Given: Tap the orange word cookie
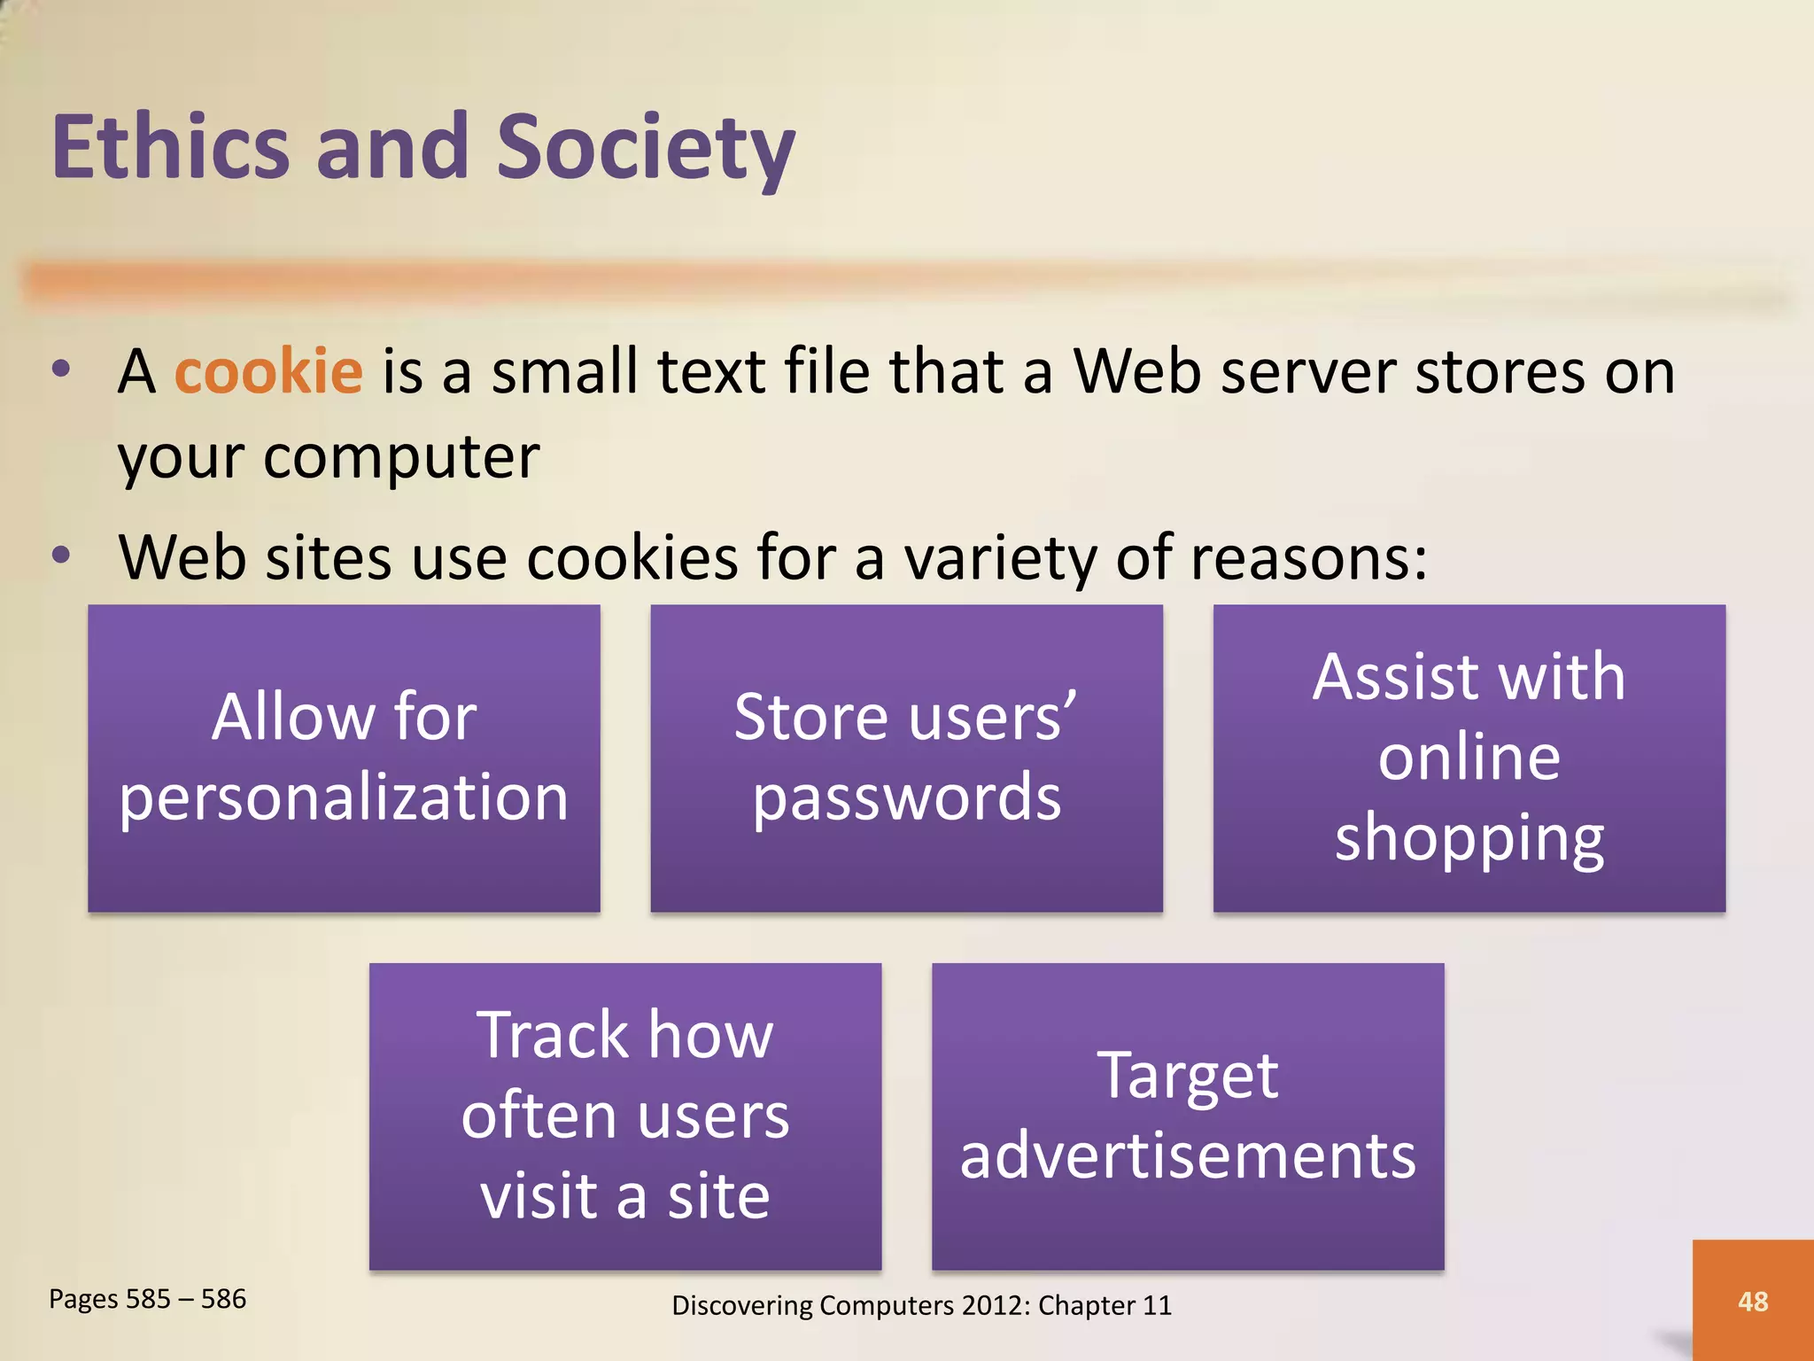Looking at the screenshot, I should point(268,371).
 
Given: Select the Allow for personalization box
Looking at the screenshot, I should point(344,758).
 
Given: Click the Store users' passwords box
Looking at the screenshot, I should point(906,758).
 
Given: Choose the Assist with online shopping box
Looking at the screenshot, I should point(1469,758).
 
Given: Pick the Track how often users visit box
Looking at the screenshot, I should point(625,1116).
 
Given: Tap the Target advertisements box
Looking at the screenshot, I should point(1188,1116).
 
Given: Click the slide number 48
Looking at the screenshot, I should point(1752,1301).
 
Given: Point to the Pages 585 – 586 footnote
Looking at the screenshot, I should point(147,1299).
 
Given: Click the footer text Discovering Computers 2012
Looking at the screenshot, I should point(921,1305).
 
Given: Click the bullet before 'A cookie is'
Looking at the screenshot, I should point(60,369).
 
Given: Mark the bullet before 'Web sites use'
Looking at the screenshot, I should point(60,556).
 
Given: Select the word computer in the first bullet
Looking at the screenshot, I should point(401,458).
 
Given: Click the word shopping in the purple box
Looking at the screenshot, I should point(1469,837).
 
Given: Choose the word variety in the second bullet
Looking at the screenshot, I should point(999,558).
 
